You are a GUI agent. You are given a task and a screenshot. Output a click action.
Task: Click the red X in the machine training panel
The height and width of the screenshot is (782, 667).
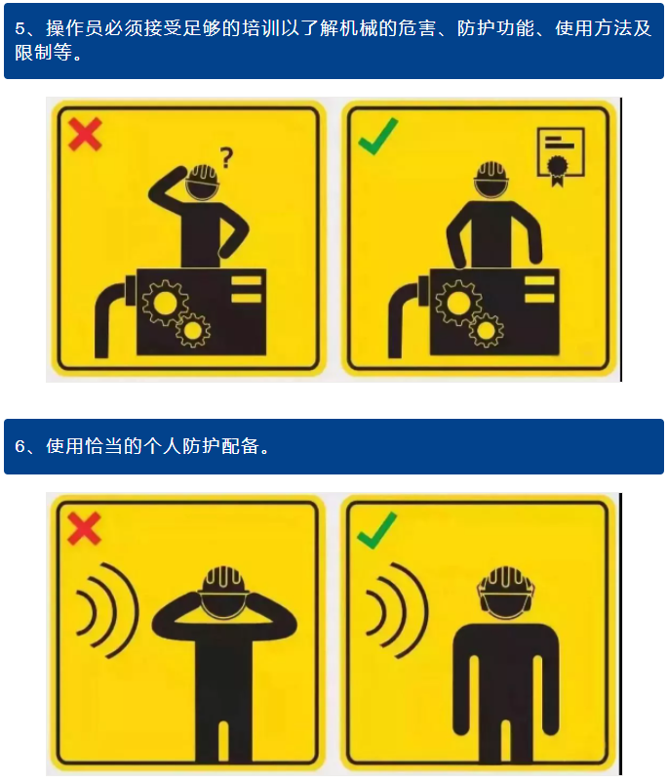85,134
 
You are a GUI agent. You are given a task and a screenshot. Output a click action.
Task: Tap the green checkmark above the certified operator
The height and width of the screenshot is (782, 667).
377,136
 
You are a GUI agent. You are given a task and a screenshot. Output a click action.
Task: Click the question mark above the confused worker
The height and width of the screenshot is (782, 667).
226,157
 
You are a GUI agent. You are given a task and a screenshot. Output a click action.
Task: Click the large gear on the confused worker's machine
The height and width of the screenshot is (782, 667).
165,303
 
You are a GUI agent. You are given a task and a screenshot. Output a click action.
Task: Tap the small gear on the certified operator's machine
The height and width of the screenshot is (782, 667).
486,330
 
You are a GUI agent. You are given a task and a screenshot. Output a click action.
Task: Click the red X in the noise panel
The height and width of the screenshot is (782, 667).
84,527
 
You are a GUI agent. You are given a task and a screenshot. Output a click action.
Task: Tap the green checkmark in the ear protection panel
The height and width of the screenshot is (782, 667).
377,530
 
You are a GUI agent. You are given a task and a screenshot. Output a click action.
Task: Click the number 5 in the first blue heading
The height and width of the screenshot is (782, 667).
20,28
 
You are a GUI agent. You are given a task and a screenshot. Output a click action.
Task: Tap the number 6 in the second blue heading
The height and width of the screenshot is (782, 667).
20,446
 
